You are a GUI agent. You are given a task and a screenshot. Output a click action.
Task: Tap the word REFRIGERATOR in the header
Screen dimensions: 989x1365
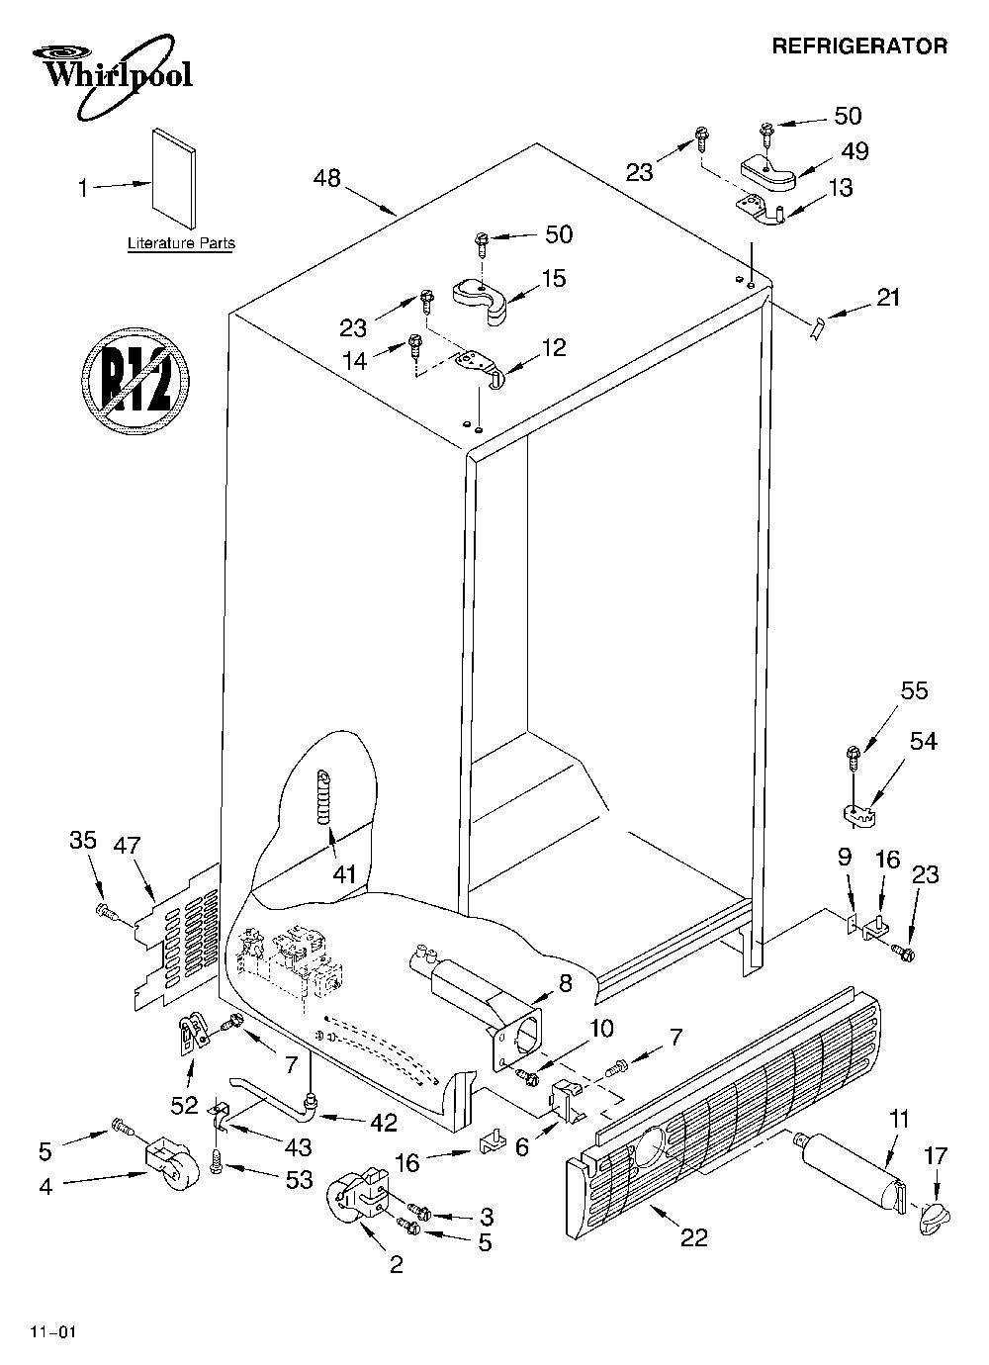[859, 46]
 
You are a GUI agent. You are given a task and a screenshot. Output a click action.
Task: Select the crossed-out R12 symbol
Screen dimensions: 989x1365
[135, 382]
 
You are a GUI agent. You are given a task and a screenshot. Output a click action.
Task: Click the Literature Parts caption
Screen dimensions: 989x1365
[181, 243]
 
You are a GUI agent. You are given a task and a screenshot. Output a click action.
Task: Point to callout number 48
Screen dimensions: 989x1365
[326, 178]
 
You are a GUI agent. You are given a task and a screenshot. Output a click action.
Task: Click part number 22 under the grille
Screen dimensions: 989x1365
[693, 1237]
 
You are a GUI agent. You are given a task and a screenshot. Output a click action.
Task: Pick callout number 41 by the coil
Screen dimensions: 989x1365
[344, 875]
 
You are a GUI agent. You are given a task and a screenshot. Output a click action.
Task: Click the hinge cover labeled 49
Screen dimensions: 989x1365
[768, 174]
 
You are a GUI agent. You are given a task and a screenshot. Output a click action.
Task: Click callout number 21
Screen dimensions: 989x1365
[888, 298]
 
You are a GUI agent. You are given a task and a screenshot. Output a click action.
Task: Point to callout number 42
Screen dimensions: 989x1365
[384, 1122]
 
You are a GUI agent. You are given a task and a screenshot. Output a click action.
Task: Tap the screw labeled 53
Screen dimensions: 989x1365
[215, 1166]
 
